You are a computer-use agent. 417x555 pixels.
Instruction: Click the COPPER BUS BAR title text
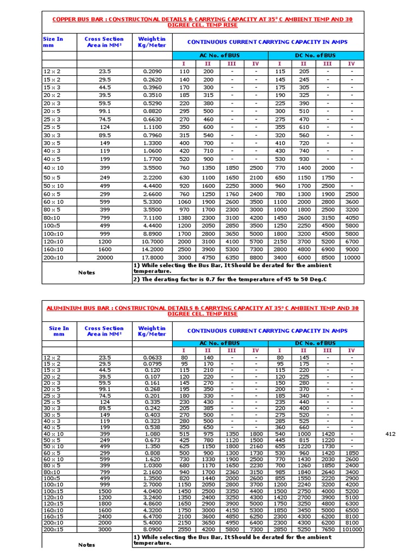(x=202, y=22)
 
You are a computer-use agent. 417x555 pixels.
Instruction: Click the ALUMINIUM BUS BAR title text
(x=202, y=311)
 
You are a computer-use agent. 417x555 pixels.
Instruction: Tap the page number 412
(x=390, y=434)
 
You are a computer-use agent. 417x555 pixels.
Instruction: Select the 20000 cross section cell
(x=104, y=257)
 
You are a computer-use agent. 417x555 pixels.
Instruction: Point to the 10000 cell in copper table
(x=351, y=257)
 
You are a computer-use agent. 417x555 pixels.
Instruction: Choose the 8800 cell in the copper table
(x=256, y=257)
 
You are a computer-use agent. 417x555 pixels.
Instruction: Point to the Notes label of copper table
(x=86, y=272)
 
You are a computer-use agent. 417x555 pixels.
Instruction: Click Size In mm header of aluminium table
(x=59, y=331)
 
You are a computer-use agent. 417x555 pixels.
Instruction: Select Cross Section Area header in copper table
(x=104, y=42)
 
